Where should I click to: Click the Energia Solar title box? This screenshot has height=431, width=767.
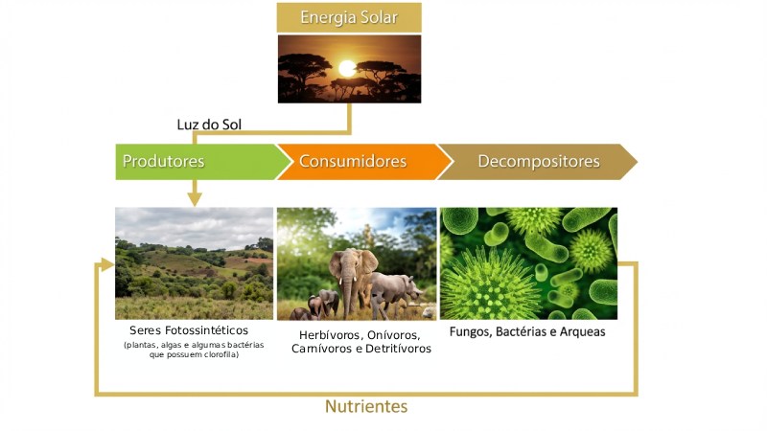(x=349, y=18)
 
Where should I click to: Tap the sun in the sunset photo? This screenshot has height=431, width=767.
(x=347, y=68)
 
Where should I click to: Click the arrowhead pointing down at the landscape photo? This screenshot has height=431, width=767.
(x=195, y=198)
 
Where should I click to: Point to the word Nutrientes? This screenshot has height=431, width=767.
(x=366, y=406)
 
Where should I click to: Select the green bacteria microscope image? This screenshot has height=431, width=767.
(x=528, y=262)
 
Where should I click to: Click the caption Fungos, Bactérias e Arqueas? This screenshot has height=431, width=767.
(x=527, y=332)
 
